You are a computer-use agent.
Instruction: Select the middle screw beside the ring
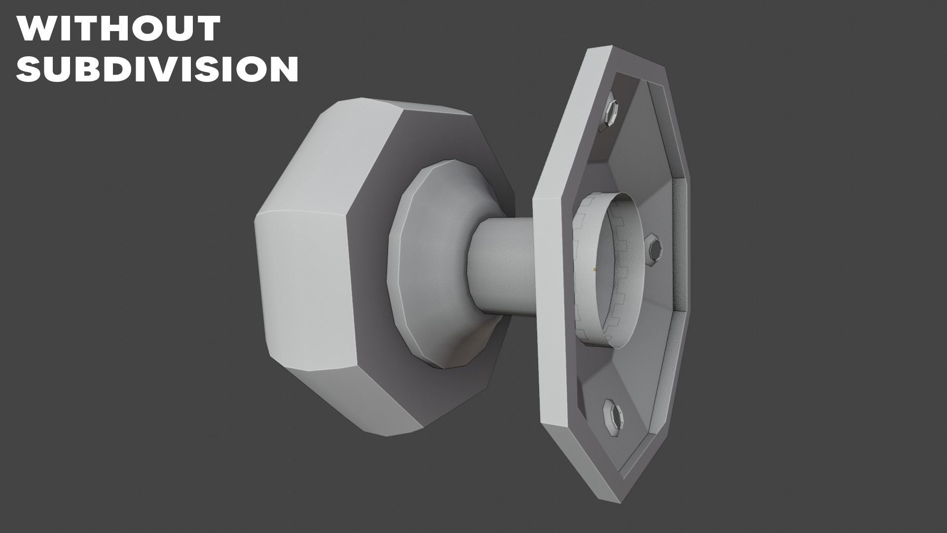(x=654, y=250)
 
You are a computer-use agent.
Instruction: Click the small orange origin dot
(x=595, y=269)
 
